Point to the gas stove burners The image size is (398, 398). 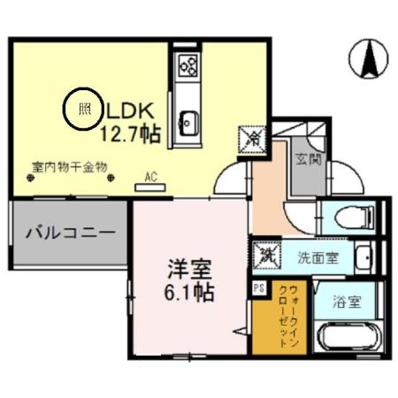[188, 65]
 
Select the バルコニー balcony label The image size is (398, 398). [69, 234]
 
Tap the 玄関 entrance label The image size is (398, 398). [308, 160]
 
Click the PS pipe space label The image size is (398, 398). [259, 287]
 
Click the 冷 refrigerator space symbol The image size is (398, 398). [249, 138]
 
